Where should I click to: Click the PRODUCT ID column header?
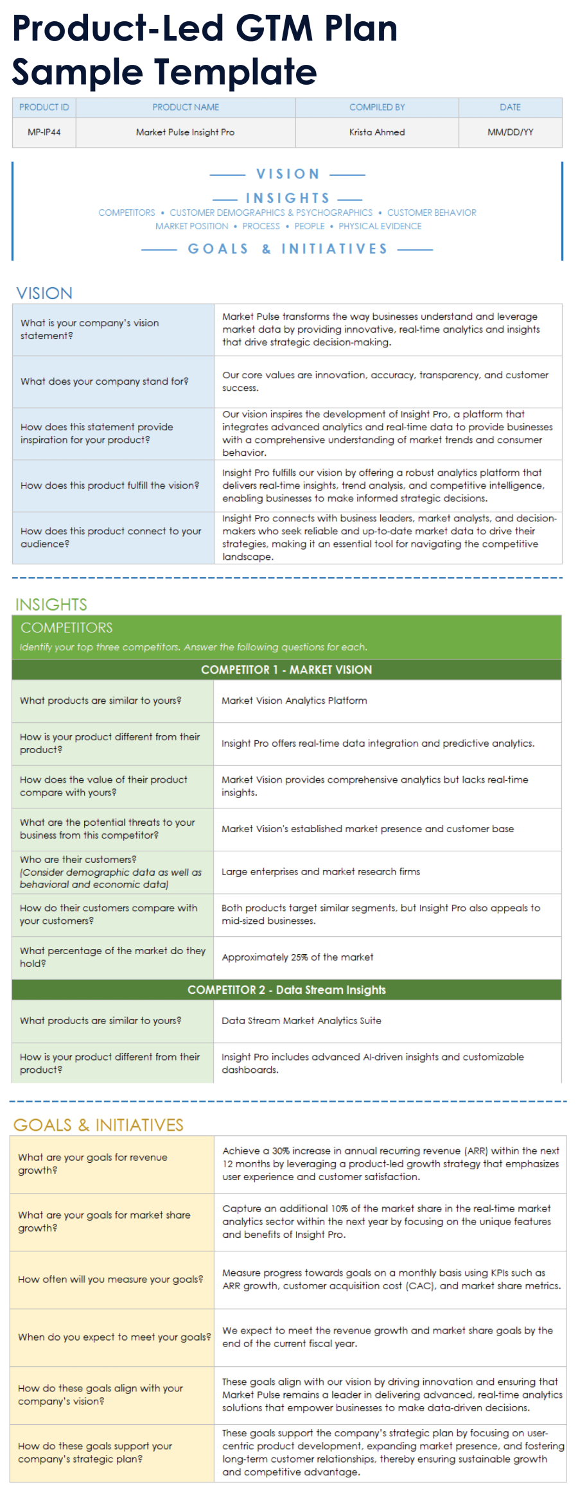[x=44, y=107]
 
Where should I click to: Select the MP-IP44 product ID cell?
[x=44, y=132]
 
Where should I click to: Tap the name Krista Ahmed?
[x=377, y=132]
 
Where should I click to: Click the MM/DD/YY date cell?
[x=510, y=132]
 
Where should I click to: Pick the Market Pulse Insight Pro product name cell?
[x=185, y=132]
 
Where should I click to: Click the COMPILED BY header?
[x=377, y=107]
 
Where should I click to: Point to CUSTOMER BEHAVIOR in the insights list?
[x=432, y=213]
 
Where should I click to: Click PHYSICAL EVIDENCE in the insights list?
[x=380, y=226]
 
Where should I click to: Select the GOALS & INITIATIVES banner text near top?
[x=288, y=249]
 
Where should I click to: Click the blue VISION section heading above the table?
[x=44, y=293]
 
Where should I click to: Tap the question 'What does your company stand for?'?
[x=105, y=381]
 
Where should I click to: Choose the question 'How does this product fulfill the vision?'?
[x=110, y=485]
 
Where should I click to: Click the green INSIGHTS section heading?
[x=51, y=604]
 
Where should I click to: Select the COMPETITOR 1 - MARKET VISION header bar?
[x=286, y=670]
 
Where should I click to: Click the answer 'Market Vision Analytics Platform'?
[x=294, y=700]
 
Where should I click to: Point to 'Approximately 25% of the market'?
[x=297, y=957]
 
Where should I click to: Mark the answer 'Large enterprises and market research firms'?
[x=320, y=872]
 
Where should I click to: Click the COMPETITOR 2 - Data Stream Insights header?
[x=286, y=990]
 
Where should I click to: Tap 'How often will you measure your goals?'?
[x=110, y=1279]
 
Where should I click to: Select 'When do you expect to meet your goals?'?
[x=114, y=1337]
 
